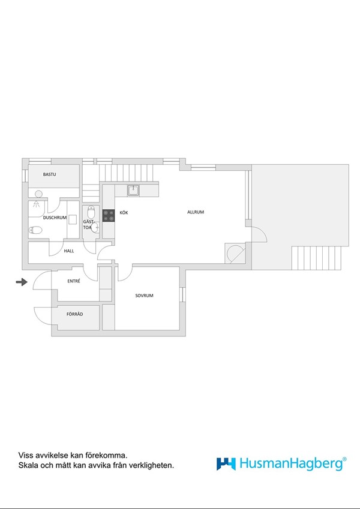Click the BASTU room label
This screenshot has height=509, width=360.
click(49, 174)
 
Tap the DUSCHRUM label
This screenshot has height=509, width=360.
click(55, 218)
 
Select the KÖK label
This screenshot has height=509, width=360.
click(124, 213)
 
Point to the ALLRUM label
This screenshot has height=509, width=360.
click(196, 212)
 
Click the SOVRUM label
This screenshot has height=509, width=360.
click(144, 296)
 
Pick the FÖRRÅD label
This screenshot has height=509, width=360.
click(75, 314)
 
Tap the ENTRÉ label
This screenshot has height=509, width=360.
click(74, 281)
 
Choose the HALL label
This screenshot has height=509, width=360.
click(69, 251)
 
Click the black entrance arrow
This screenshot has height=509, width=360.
click(22, 282)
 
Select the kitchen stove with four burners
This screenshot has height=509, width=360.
click(109, 216)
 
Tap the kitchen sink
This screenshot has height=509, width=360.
click(133, 190)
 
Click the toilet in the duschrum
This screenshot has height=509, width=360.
click(35, 230)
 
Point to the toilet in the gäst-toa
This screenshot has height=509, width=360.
click(91, 213)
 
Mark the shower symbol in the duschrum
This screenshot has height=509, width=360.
click(36, 204)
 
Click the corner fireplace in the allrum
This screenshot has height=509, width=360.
click(235, 253)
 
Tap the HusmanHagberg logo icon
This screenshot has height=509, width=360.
click(226, 464)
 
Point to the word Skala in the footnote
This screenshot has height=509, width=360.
click(26, 465)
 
